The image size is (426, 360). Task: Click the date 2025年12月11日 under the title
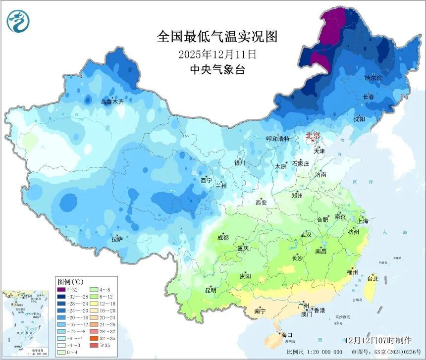pyautogui.click(x=217, y=53)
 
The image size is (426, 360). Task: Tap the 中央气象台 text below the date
pyautogui.click(x=217, y=70)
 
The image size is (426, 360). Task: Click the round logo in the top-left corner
pyautogui.click(x=18, y=21)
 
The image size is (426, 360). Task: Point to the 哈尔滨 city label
pyautogui.click(x=373, y=78)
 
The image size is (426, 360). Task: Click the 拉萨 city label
pyautogui.click(x=117, y=239)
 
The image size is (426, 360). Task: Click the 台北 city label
pyautogui.click(x=372, y=279)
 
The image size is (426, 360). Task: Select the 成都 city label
pyautogui.click(x=223, y=237)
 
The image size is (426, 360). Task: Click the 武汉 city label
pyautogui.click(x=306, y=235)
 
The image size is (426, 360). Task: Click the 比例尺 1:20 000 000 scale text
pyautogui.click(x=314, y=352)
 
